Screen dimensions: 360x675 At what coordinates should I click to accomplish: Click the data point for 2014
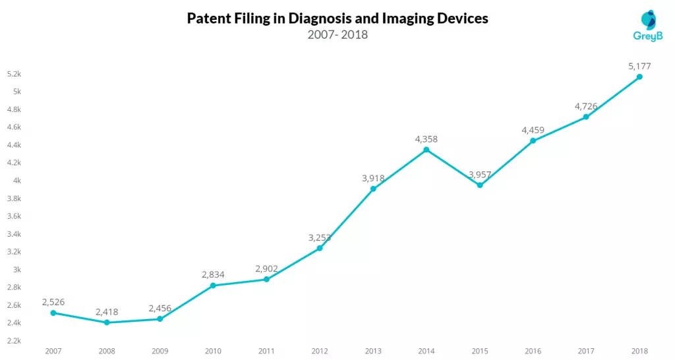tap(426, 150)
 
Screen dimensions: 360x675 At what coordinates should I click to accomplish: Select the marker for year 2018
tap(639, 77)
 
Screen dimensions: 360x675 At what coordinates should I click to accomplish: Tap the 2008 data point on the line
tap(107, 322)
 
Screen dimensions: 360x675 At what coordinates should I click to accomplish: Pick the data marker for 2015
tap(480, 185)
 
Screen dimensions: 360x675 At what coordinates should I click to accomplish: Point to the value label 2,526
tap(53, 301)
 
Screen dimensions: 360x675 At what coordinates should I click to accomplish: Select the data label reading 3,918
tap(373, 178)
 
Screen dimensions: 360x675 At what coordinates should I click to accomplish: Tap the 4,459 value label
tap(533, 130)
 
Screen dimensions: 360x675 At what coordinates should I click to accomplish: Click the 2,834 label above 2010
tap(213, 274)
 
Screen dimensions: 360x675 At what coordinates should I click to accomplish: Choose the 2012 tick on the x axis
tap(320, 351)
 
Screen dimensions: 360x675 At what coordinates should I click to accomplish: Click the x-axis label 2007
tap(53, 351)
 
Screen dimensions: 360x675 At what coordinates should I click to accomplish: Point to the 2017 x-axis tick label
tap(586, 351)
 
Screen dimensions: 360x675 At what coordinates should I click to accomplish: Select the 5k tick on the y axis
tap(17, 92)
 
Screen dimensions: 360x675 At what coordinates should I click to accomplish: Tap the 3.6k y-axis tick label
tap(15, 216)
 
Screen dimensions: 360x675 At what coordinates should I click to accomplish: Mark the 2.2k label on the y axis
tap(15, 341)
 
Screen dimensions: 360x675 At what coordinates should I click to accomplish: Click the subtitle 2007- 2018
tap(337, 35)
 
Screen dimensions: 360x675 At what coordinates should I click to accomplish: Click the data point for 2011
tap(266, 280)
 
